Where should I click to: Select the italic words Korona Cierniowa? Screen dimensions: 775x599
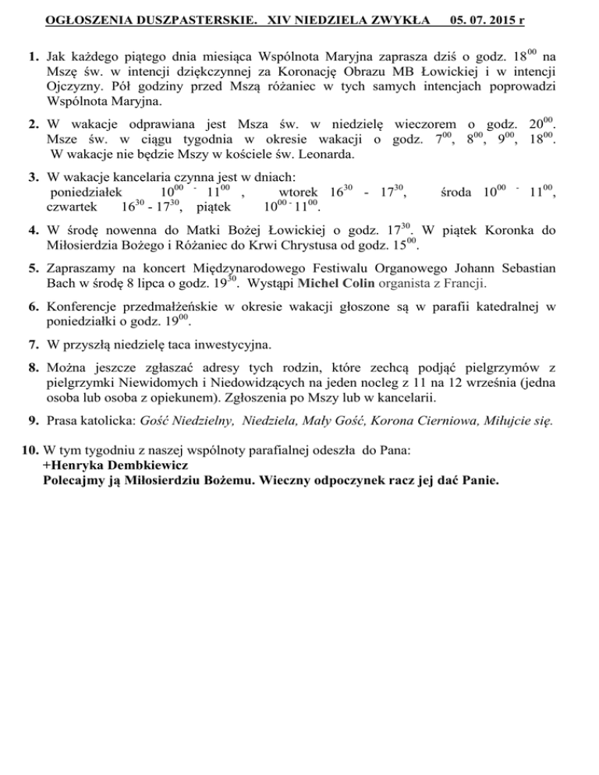click(413, 423)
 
